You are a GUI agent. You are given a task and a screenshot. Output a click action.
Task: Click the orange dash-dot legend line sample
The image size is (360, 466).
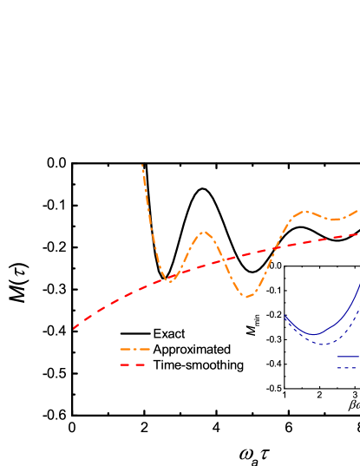134,350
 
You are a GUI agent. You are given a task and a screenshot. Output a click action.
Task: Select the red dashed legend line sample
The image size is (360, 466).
133,364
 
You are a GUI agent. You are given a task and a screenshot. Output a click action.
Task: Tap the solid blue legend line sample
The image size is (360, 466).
348,357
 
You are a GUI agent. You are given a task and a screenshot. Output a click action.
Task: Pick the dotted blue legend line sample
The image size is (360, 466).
348,369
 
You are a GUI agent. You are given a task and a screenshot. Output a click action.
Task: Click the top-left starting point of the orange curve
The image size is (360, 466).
142,165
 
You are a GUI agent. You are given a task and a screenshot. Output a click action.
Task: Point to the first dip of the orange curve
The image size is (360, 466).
171,281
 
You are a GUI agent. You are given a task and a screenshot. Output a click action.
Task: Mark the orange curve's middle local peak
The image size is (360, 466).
204,232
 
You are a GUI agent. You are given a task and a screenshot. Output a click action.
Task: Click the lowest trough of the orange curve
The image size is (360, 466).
248,298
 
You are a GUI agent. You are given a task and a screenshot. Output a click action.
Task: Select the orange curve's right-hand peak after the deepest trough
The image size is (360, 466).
305,211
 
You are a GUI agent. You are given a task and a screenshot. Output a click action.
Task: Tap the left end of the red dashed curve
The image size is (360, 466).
74,329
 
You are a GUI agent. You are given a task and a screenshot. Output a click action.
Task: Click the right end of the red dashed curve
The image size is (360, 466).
358,233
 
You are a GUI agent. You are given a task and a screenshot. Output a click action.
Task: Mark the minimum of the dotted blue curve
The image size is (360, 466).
323,345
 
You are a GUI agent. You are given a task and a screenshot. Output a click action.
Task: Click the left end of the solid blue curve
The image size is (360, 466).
285,318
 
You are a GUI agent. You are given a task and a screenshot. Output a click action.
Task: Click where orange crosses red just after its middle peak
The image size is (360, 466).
222,259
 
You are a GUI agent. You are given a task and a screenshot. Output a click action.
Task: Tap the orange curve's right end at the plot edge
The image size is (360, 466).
358,210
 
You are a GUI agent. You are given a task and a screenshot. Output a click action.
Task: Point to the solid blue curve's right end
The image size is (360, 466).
358,282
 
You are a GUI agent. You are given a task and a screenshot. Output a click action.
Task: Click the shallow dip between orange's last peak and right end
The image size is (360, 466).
334,220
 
